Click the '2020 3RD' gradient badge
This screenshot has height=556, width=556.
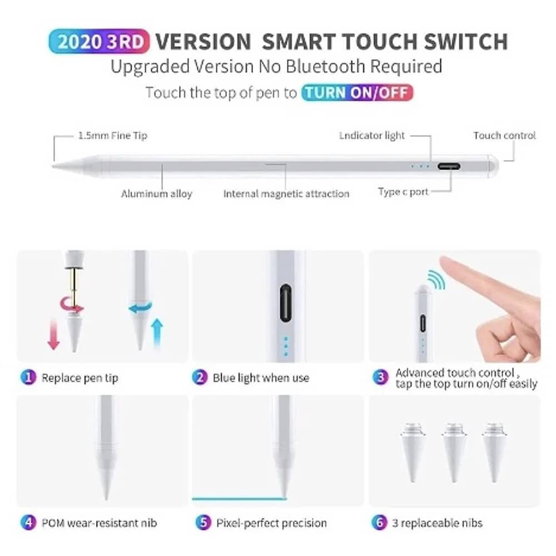(x=100, y=42)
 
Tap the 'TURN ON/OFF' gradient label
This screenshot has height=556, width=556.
(x=357, y=92)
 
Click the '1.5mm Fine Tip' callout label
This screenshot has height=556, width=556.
(x=113, y=136)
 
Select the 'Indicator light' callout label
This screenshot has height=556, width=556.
(x=371, y=136)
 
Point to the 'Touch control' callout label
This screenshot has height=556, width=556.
(x=505, y=136)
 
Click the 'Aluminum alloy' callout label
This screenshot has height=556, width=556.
(x=156, y=193)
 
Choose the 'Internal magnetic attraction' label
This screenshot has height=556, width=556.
(x=286, y=193)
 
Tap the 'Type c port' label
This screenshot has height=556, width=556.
(x=403, y=192)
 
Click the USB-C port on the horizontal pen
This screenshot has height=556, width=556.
(x=449, y=166)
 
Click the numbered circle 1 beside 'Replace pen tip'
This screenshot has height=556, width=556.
(x=28, y=377)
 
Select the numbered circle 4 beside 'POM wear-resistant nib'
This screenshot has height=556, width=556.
(x=28, y=522)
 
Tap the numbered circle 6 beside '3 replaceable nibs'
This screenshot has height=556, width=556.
(x=379, y=522)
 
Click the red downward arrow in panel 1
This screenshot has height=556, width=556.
(x=53, y=334)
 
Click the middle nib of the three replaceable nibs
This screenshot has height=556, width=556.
(x=454, y=452)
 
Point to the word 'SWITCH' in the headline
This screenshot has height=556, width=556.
(x=466, y=42)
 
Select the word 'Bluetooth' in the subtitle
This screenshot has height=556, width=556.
(x=325, y=66)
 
